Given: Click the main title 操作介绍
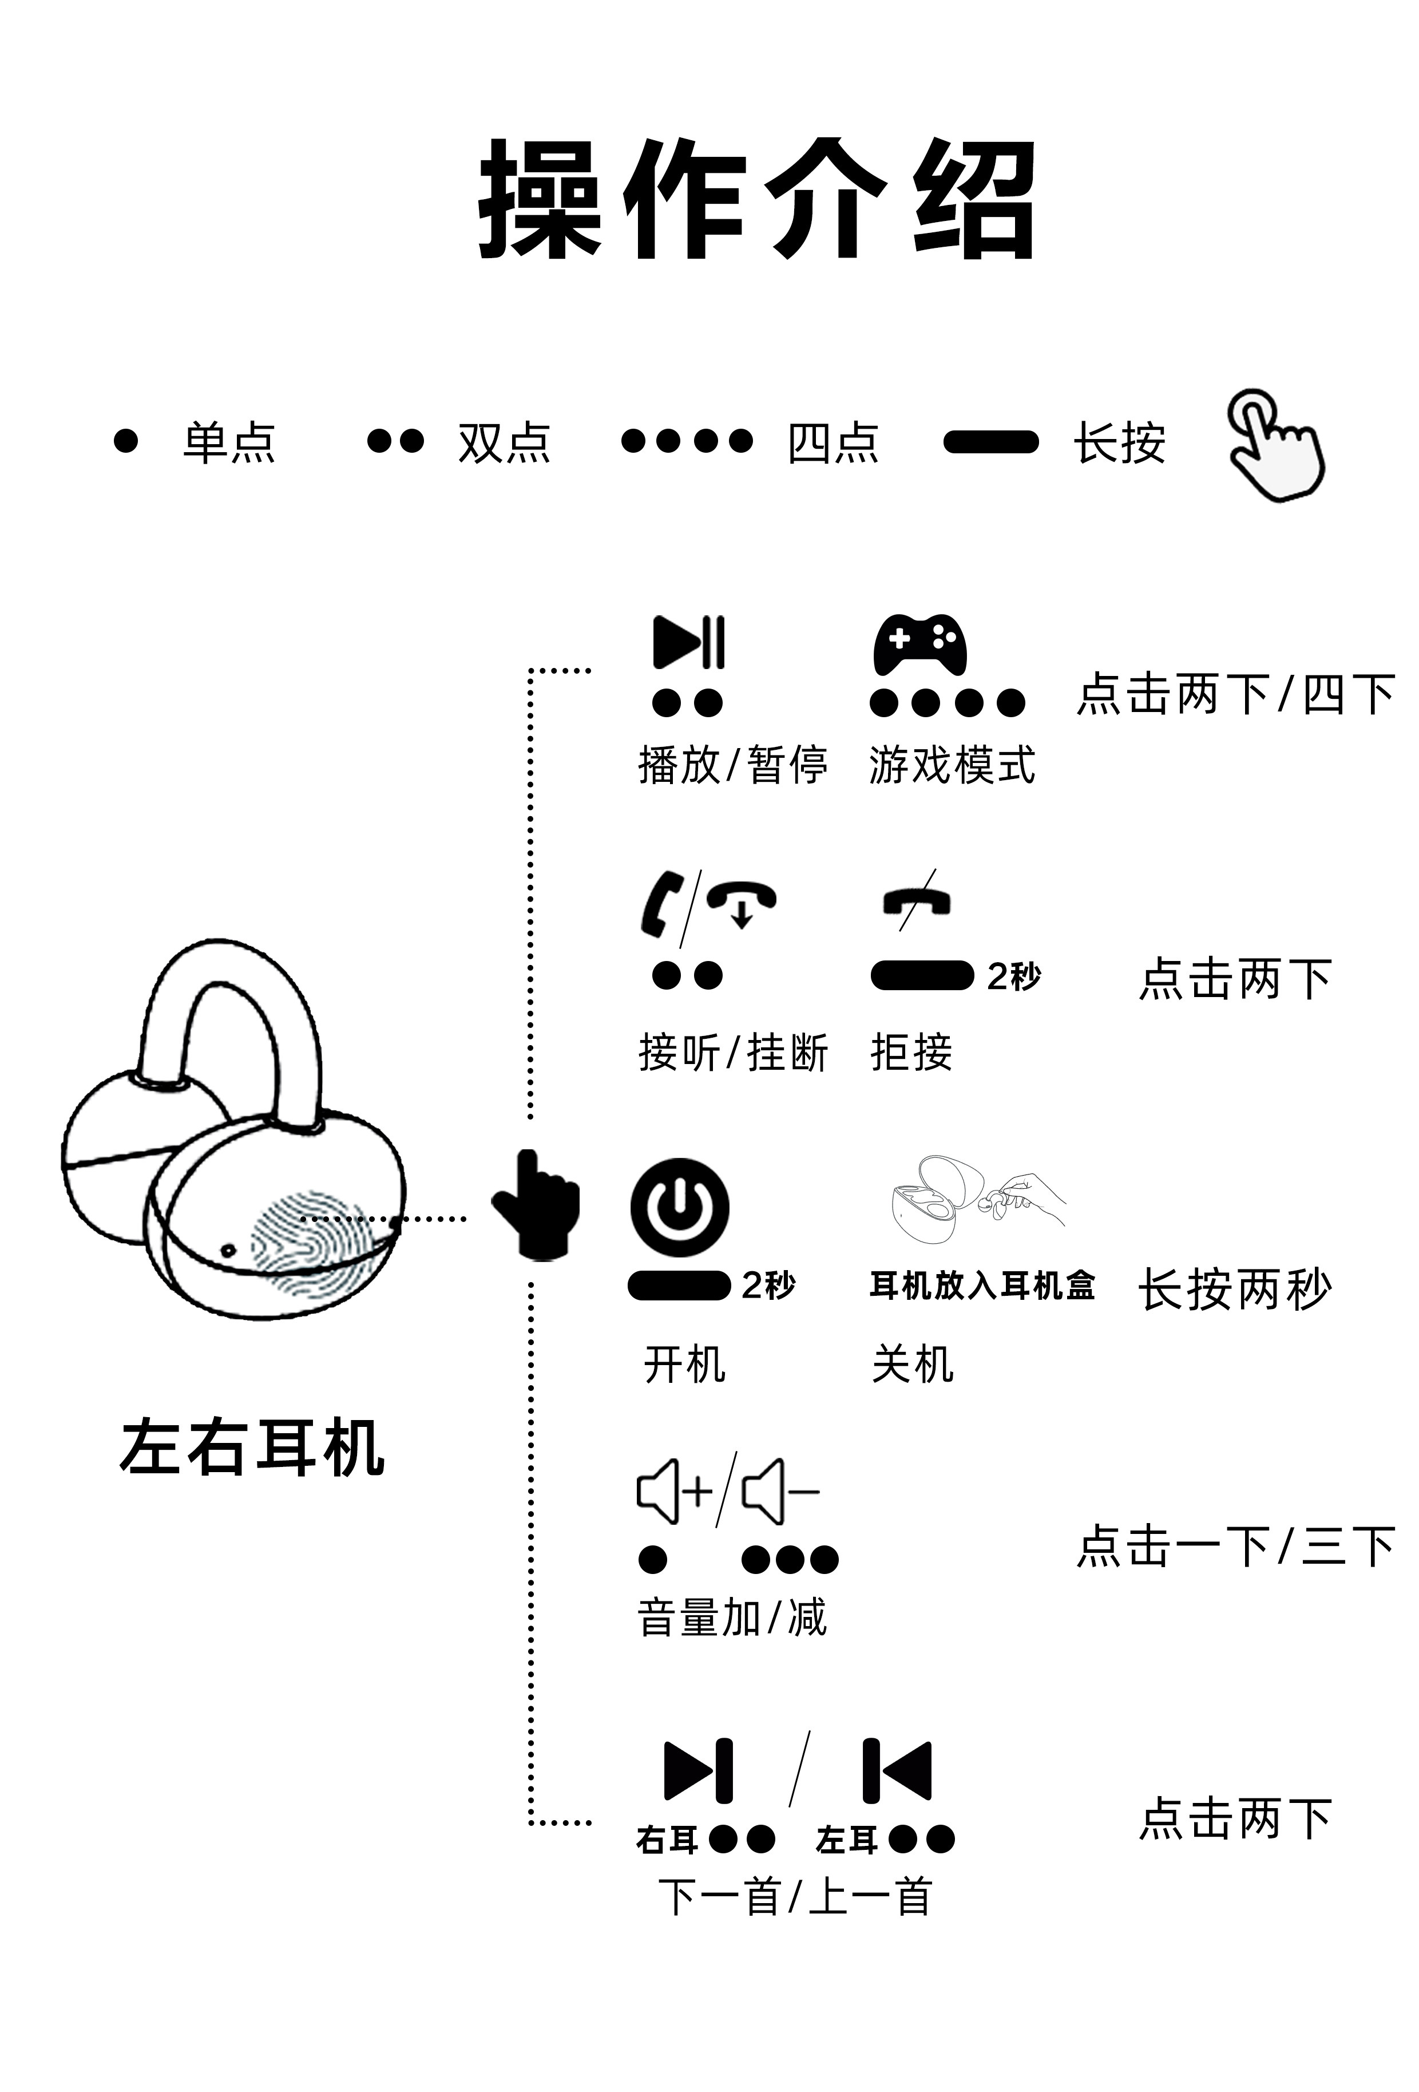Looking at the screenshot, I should click(757, 200).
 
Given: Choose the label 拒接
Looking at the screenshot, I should click(910, 1051).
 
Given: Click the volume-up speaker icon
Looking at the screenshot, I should click(673, 1492).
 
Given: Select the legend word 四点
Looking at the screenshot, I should click(833, 443).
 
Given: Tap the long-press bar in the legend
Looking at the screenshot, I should click(990, 442).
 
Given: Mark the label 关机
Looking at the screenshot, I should click(911, 1364).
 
